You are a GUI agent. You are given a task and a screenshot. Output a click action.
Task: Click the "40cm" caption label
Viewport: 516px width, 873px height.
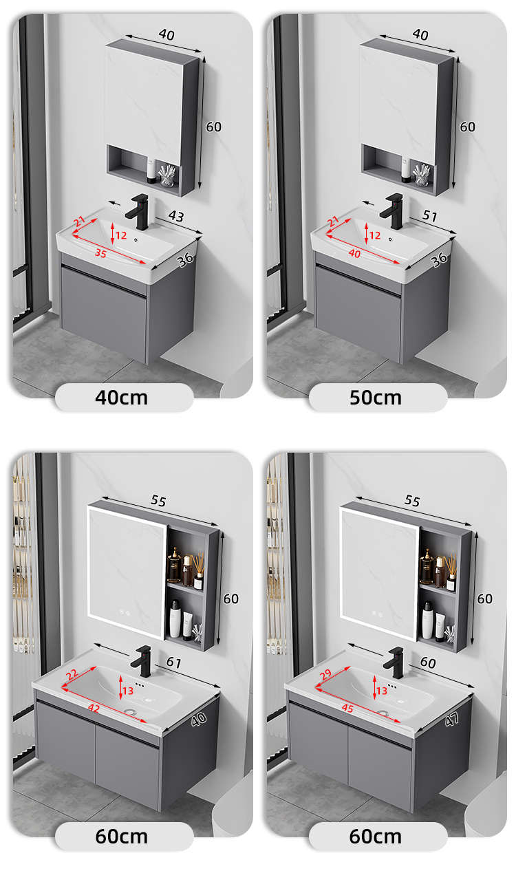point(121,398)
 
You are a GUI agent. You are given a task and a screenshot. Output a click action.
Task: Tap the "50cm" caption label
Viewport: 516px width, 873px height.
point(376,398)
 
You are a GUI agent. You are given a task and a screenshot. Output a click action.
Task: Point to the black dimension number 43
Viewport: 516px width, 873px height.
point(175,216)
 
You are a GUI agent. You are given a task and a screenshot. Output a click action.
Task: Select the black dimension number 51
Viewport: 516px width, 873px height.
point(430,215)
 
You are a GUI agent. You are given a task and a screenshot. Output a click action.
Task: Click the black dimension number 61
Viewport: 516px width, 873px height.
point(174,662)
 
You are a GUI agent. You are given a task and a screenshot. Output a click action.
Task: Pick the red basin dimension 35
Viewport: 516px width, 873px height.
point(100,253)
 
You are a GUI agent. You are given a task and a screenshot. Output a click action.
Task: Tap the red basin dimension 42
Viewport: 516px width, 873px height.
point(94,708)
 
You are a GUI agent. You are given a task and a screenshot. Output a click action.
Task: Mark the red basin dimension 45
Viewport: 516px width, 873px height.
point(347,708)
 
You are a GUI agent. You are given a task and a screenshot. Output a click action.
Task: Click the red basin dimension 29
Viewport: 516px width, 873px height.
point(325,674)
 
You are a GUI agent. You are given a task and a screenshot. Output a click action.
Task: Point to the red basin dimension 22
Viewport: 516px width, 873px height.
point(72,674)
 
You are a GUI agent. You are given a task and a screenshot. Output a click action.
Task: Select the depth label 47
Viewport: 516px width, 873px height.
point(452,719)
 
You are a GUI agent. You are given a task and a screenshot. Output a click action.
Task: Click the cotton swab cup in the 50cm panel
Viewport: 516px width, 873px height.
point(422,174)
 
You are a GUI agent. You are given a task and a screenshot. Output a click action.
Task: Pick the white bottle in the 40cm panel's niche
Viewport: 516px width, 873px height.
point(151,170)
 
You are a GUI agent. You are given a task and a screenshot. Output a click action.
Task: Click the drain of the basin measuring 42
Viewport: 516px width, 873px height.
point(130,711)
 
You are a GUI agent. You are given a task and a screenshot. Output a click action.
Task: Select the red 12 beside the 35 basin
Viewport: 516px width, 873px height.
point(121,235)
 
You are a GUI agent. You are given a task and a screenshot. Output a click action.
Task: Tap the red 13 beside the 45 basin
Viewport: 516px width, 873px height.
point(382,691)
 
